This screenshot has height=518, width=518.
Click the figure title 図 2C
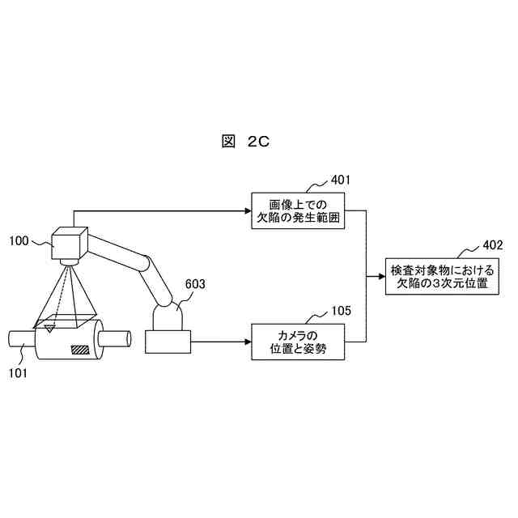244,142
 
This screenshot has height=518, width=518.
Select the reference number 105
342,310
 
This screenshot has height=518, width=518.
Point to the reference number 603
195,284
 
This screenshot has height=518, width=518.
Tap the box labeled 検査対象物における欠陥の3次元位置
441,278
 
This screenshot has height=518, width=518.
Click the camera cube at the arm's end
69,244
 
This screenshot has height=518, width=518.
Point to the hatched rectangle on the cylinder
81,350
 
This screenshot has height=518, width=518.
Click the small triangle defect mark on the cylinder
50,328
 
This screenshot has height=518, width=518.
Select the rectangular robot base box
168,342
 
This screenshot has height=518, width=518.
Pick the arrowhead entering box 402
381,278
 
